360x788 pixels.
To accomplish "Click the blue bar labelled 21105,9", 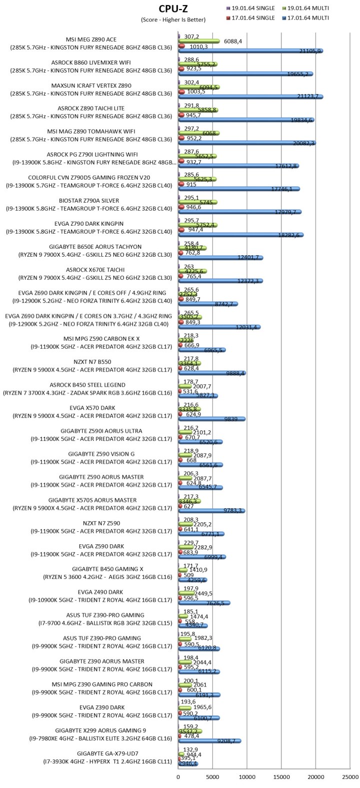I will [250, 51].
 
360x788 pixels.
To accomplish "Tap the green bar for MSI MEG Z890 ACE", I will [199, 41].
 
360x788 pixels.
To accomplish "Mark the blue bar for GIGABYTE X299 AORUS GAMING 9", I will [210, 741].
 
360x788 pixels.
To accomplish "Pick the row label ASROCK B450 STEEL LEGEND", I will [94, 385].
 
